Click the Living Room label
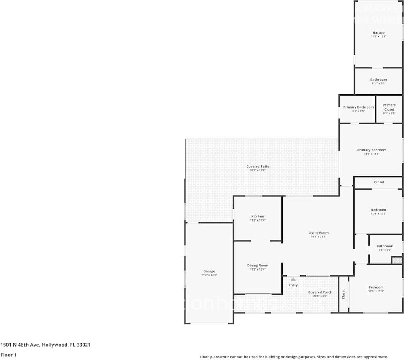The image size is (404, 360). coord(318,233)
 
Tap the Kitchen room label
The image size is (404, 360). coord(257,217)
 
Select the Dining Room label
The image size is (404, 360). coord(257,266)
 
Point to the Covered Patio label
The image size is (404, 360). coord(257,166)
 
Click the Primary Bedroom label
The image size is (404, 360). coord(372,150)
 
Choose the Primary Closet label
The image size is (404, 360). coord(389,107)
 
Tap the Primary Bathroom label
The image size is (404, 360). coord(358,107)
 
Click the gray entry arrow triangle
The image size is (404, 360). coord(293,279)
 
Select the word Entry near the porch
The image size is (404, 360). coord(293,285)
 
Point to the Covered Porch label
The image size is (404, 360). coord(320,292)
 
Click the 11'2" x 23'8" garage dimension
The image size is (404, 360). coord(209,275)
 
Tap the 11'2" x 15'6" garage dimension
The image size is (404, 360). coord(378,36)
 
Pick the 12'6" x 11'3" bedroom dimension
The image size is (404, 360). coord(376,291)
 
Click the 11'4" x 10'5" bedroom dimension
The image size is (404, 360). coord(378,213)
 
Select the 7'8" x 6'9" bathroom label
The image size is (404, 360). coord(385,250)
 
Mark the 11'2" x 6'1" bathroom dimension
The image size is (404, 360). coord(378,83)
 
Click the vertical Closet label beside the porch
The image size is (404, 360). coord(344,294)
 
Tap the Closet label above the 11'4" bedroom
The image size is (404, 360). coord(379,182)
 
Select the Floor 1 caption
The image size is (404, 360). coord(9,355)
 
